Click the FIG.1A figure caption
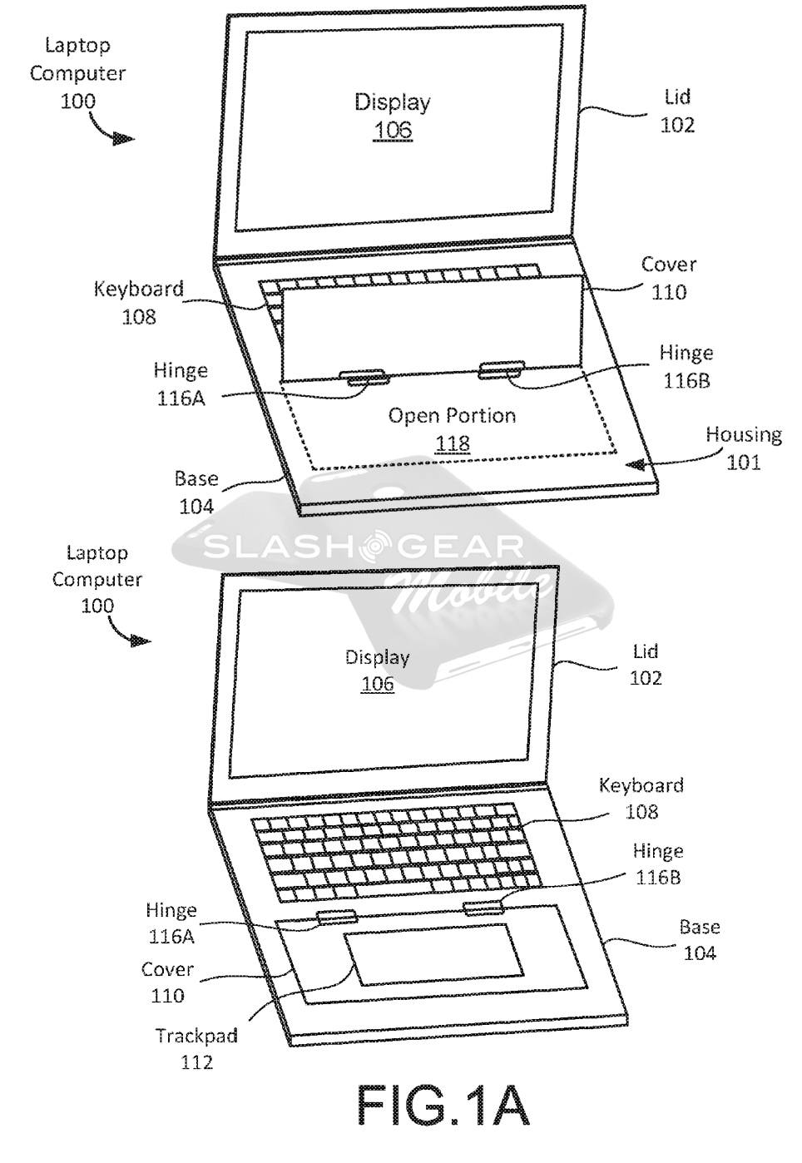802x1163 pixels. click(443, 1106)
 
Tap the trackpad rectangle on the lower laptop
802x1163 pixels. click(433, 953)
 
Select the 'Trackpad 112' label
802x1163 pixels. click(196, 1048)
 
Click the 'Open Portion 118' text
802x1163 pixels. click(452, 428)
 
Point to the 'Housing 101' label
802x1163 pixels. click(744, 447)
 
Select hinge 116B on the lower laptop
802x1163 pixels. click(483, 906)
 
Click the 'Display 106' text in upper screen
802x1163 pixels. click(393, 116)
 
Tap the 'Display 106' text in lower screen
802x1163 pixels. click(378, 670)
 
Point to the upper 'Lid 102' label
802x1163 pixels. click(677, 111)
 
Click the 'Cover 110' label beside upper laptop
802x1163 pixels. click(669, 278)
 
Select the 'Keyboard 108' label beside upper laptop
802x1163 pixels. click(138, 302)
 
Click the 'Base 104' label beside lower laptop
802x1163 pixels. click(700, 939)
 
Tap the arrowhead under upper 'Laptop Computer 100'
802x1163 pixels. click(124, 139)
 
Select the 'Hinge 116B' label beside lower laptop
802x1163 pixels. click(657, 864)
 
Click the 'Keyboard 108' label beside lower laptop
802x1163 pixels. click(641, 797)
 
